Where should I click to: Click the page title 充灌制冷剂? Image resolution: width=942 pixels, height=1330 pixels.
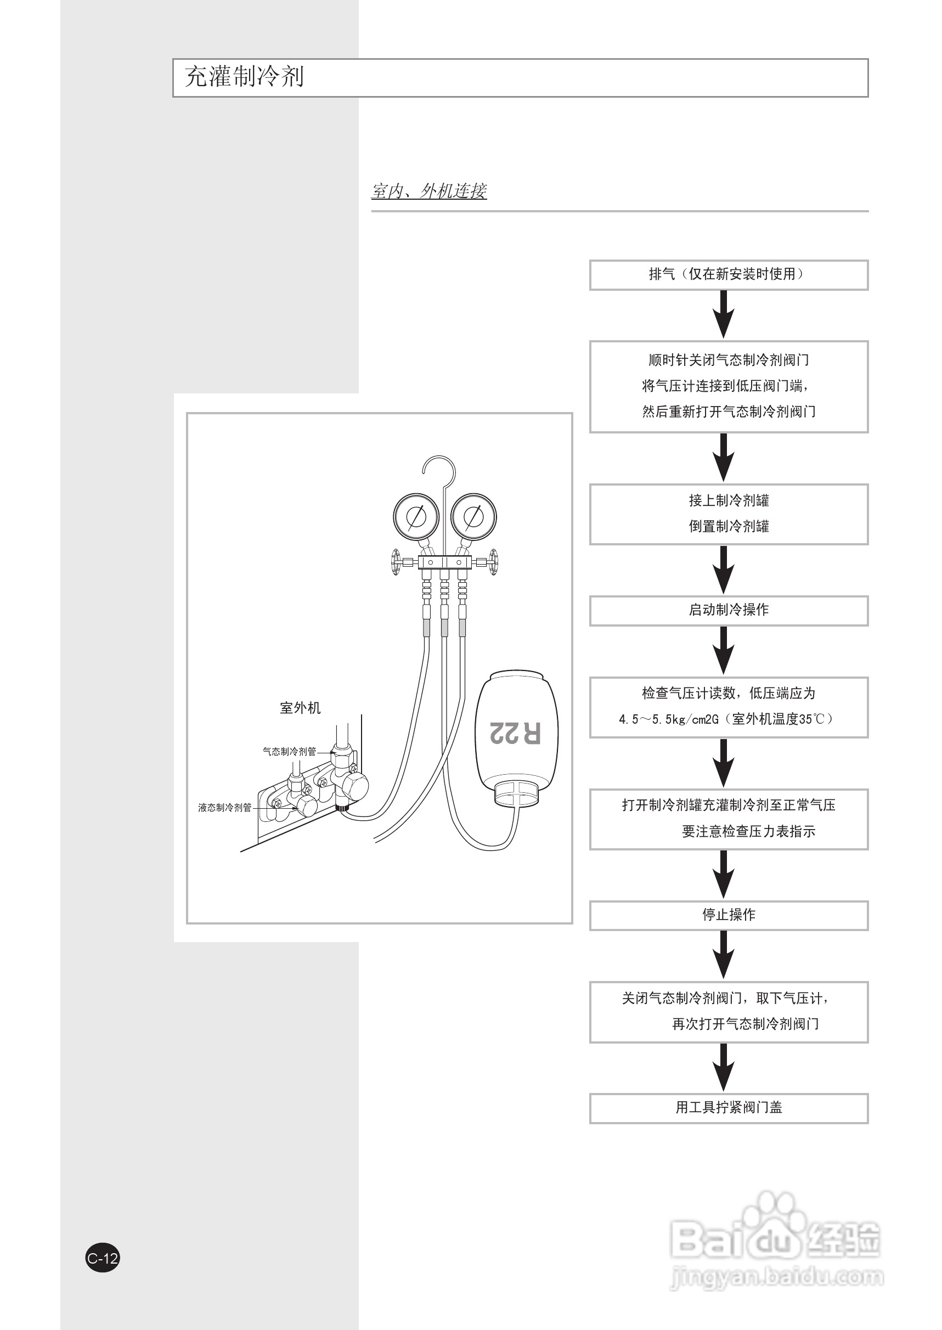pyautogui.click(x=244, y=77)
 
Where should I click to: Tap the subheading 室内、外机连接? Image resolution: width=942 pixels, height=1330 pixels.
pyautogui.click(x=428, y=191)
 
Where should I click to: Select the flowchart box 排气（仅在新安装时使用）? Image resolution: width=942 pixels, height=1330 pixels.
pyautogui.click(x=728, y=274)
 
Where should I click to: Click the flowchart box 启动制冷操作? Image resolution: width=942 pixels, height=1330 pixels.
pyautogui.click(x=728, y=610)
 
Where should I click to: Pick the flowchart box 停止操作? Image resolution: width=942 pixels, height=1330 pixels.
pyautogui.click(x=728, y=915)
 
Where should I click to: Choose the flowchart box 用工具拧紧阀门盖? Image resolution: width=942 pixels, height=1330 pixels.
pyautogui.click(x=728, y=1107)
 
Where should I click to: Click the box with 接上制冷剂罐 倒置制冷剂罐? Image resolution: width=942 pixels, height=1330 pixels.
pyautogui.click(x=728, y=514)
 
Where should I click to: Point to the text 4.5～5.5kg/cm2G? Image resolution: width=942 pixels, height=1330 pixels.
pyautogui.click(x=668, y=720)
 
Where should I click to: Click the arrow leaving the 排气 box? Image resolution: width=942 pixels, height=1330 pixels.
pyautogui.click(x=723, y=314)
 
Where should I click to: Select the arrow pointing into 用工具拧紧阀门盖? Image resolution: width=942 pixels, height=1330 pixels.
pyautogui.click(x=723, y=1068)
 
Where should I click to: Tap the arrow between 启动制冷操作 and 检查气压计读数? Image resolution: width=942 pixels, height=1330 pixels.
pyautogui.click(x=723, y=651)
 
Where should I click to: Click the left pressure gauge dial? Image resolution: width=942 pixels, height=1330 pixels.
pyautogui.click(x=416, y=516)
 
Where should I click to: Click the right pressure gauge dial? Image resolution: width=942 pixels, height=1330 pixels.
pyautogui.click(x=473, y=516)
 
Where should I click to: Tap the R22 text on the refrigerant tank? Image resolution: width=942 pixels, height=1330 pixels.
pyautogui.click(x=515, y=732)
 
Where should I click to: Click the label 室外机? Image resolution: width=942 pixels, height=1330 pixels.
pyautogui.click(x=300, y=708)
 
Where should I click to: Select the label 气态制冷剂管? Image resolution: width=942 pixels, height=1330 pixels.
pyautogui.click(x=290, y=752)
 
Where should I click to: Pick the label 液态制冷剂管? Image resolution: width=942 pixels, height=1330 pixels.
pyautogui.click(x=225, y=808)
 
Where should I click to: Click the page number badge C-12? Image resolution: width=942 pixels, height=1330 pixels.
pyautogui.click(x=103, y=1258)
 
